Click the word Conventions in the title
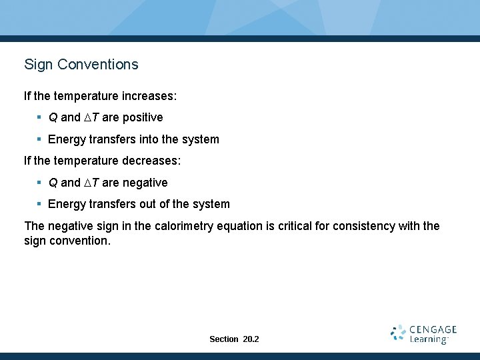pyautogui.click(x=98, y=65)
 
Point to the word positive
pyautogui.click(x=141, y=117)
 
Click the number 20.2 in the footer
pyautogui.click(x=251, y=339)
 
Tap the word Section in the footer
pyautogui.click(x=223, y=339)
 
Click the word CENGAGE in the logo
pyautogui.click(x=433, y=329)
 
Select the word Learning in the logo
pyautogui.click(x=428, y=340)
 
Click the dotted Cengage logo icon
pyautogui.click(x=399, y=333)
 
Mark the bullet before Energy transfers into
pyautogui.click(x=40, y=139)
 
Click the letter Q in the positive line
pyautogui.click(x=53, y=117)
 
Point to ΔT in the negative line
pyautogui.click(x=91, y=183)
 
